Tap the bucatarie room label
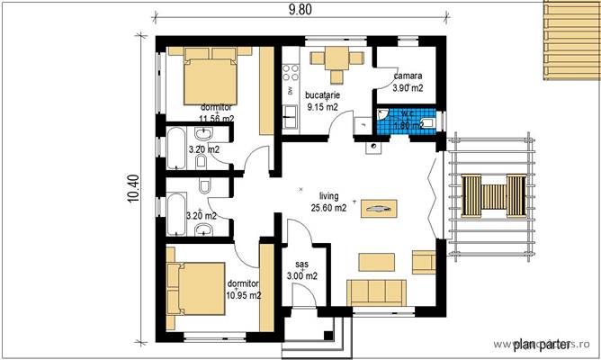click(321, 94)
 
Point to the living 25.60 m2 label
click(328, 202)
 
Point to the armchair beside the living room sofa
click(423, 261)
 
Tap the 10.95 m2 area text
click(243, 294)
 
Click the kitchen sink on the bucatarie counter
click(291, 114)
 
